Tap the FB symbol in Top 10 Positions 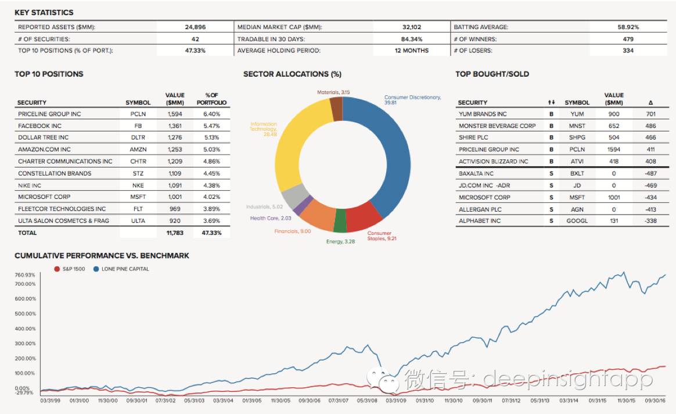[138, 126]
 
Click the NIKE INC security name [30, 185]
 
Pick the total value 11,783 [175, 233]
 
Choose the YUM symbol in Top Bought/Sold [577, 114]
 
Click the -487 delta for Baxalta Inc [650, 173]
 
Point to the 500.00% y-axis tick [26, 313]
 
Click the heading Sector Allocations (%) [292, 74]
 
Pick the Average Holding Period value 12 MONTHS [411, 51]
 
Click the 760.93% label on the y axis [26, 275]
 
